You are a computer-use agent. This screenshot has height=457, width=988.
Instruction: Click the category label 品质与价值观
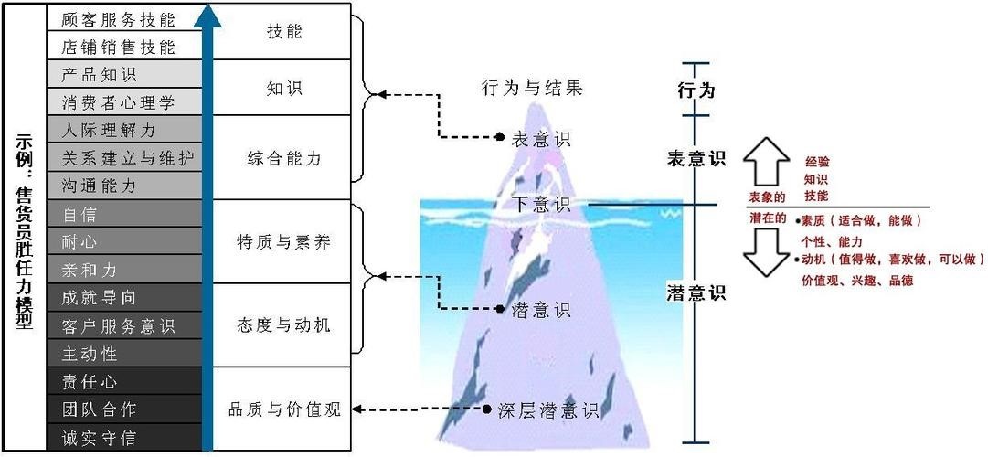pyautogui.click(x=284, y=409)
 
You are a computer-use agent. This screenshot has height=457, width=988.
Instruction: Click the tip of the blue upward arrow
pyautogui.click(x=207, y=3)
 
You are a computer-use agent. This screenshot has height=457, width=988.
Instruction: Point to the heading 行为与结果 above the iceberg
pyautogui.click(x=531, y=88)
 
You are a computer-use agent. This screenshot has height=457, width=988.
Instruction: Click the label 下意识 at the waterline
pyautogui.click(x=541, y=204)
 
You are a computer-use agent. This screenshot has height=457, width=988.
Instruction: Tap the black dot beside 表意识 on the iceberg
pyautogui.click(x=500, y=136)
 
